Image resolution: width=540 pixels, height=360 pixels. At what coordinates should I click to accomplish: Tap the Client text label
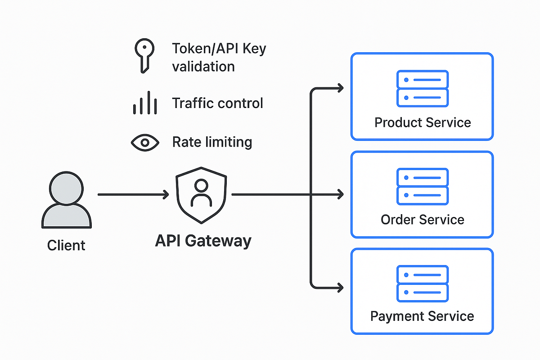[66, 246]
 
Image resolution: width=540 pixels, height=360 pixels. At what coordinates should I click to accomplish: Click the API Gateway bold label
[203, 241]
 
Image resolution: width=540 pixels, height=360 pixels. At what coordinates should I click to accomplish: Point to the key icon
[144, 54]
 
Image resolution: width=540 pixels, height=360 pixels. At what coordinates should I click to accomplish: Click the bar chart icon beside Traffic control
[144, 103]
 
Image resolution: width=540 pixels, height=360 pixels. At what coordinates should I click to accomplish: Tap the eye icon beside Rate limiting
[144, 143]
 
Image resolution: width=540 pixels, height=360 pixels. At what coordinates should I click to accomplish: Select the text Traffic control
[217, 103]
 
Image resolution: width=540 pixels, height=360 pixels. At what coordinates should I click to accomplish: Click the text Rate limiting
[212, 143]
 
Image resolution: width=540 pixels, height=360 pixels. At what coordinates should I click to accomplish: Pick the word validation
[203, 67]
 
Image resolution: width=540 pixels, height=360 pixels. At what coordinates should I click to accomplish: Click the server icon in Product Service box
[422, 88]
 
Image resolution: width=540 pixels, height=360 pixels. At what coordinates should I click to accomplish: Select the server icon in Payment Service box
[422, 283]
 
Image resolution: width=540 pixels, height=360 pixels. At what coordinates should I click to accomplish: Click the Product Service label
[423, 122]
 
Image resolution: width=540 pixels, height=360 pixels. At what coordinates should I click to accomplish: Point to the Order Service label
[422, 220]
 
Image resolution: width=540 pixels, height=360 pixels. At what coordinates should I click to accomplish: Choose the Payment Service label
[422, 316]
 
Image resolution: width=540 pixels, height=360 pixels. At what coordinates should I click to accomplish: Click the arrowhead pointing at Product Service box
[340, 88]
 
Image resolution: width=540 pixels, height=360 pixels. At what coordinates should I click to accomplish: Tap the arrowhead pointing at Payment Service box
[340, 286]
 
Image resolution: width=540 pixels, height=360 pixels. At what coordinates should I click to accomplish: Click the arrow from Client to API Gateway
[133, 194]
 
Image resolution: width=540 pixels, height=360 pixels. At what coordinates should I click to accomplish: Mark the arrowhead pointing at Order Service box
[340, 194]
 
